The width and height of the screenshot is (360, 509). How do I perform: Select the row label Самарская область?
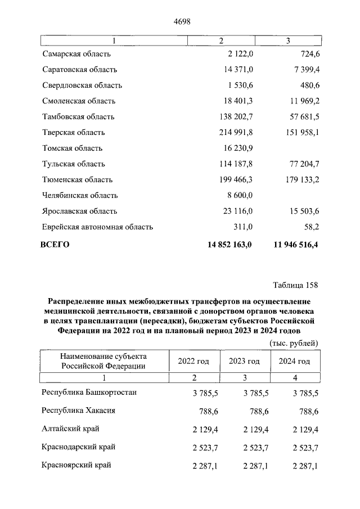point(76,54)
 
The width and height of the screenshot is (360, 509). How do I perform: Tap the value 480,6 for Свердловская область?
point(307,85)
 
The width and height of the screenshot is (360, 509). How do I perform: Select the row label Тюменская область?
point(77,180)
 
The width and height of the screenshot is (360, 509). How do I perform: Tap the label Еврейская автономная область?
point(97,227)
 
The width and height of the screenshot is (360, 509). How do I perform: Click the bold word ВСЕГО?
point(56,244)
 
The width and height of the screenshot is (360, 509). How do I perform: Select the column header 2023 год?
point(244,362)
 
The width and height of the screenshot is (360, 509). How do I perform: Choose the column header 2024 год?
point(294,362)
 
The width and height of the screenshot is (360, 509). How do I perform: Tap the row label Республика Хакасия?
point(79,411)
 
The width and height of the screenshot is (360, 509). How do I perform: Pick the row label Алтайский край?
point(70,429)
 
